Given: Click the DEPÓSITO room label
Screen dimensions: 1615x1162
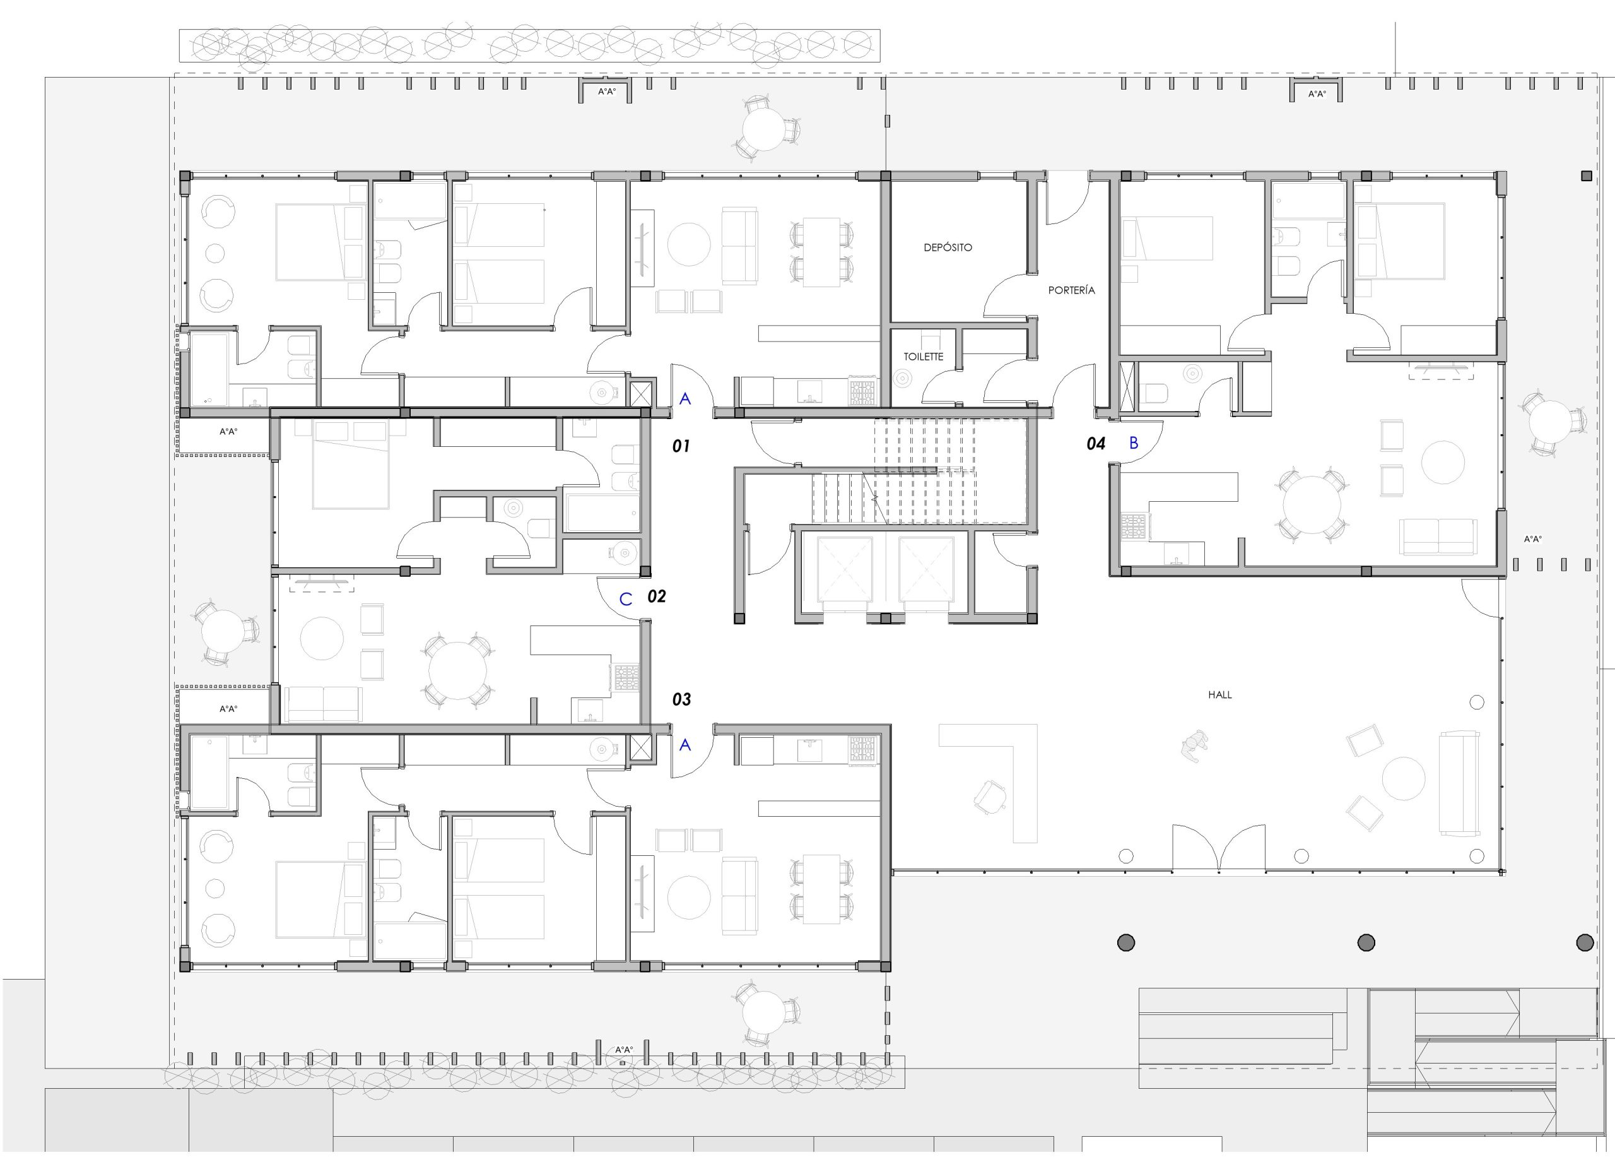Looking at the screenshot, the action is pos(947,248).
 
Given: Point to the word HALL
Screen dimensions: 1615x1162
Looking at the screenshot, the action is pos(1220,695).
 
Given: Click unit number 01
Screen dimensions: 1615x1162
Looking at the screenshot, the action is pos(681,447).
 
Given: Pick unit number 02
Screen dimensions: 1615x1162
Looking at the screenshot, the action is pos(657,597).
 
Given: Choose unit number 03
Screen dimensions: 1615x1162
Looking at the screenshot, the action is pos(681,699).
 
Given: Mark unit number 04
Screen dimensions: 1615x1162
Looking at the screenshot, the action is pos(1095,444).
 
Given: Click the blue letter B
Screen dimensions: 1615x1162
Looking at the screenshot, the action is pos(1134,443).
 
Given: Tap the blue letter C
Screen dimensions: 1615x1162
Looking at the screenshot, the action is pos(626,599).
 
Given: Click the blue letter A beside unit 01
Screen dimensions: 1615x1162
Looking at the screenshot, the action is pos(685,399).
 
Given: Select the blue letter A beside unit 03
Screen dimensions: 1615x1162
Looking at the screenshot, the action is pos(685,745).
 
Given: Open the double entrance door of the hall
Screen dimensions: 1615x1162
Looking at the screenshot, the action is pos(1219,848).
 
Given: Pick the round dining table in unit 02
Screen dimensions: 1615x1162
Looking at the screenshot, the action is pos(457,670).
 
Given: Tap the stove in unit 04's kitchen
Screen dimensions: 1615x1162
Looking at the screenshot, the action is pos(1132,526).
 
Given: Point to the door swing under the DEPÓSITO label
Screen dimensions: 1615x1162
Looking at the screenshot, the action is pos(1006,295).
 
